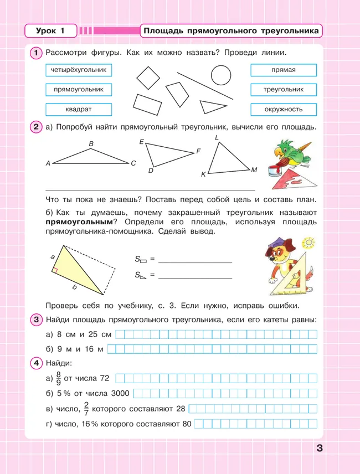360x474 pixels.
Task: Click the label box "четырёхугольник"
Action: [x=78, y=70]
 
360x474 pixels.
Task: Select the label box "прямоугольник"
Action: [x=78, y=89]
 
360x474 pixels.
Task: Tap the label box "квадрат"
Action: [x=78, y=109]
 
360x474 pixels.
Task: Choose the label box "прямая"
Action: [x=283, y=70]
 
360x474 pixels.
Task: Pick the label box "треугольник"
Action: [x=283, y=89]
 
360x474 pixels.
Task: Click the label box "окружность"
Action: [x=283, y=109]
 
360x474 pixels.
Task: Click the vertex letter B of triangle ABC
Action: [x=91, y=144]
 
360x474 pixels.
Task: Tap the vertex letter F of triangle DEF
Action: [x=198, y=151]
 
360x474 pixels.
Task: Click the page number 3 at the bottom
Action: [x=320, y=448]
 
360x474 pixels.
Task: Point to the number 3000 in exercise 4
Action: [x=117, y=394]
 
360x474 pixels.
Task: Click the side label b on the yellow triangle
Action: [x=74, y=287]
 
